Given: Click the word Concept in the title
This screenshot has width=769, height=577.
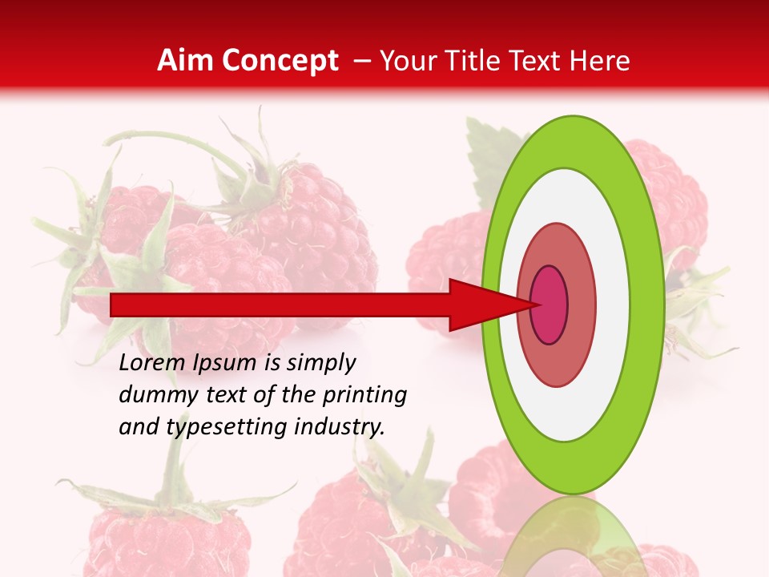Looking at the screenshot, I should pos(280,61).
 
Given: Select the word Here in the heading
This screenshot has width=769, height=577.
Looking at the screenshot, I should pos(600,61).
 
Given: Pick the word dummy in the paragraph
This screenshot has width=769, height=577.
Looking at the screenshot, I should pos(155,395).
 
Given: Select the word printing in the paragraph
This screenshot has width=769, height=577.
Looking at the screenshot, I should pos(364,396).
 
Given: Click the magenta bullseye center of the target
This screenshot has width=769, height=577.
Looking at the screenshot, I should pos(550,305).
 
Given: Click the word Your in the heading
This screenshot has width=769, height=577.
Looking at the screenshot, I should pos(405,61).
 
